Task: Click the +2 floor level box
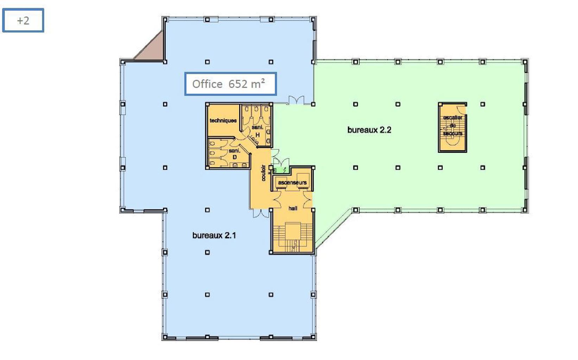click(23, 20)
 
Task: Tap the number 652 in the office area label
click(238, 84)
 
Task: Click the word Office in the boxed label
click(207, 84)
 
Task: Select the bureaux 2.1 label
click(214, 235)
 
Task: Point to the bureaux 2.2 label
click(369, 130)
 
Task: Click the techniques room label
click(223, 121)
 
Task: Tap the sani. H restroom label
click(258, 131)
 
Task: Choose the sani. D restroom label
click(234, 154)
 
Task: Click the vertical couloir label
click(263, 173)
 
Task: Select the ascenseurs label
click(292, 182)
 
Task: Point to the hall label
click(293, 208)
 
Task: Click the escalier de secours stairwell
click(452, 127)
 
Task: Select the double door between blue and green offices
click(296, 100)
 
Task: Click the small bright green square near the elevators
click(280, 170)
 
